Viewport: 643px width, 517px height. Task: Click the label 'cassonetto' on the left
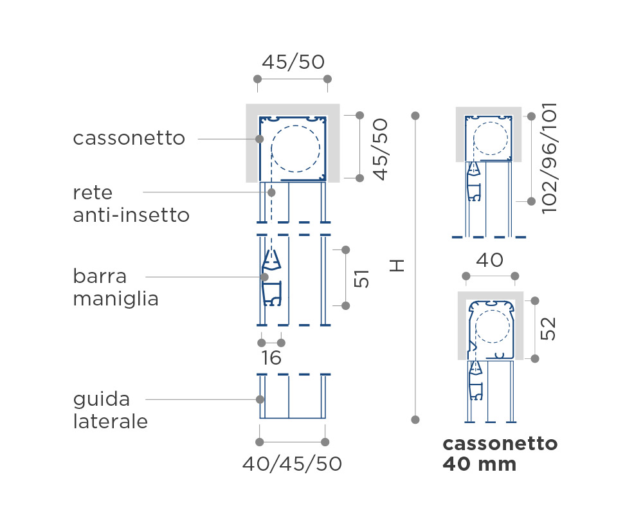click(129, 138)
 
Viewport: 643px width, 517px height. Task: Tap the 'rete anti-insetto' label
click(131, 204)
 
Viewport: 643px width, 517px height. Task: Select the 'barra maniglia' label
click(116, 287)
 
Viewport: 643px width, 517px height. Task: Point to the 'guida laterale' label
click(111, 410)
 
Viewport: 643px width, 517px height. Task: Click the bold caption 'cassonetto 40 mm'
click(500, 454)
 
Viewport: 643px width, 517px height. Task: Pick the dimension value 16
click(271, 358)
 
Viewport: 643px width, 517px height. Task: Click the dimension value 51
click(361, 278)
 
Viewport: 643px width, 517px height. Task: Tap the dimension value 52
click(548, 329)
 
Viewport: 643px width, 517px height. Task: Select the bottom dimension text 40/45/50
click(292, 464)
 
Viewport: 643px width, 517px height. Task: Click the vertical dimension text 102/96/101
click(550, 158)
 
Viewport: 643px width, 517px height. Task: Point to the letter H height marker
click(397, 266)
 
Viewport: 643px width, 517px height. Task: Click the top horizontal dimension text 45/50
click(293, 62)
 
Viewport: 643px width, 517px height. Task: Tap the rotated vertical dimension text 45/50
click(380, 150)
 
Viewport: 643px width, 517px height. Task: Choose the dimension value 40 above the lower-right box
click(489, 260)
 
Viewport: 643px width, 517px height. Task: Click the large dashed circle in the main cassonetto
click(295, 124)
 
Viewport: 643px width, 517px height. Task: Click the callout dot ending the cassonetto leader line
click(259, 139)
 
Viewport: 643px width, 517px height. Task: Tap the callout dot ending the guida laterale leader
click(260, 399)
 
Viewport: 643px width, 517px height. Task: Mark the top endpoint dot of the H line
click(415, 116)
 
